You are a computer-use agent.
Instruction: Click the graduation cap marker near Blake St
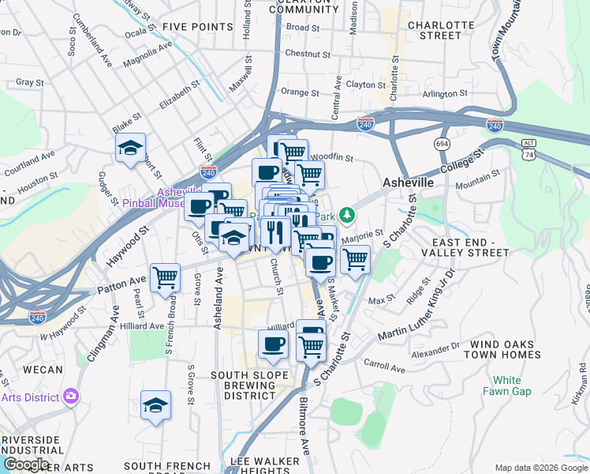(130, 148)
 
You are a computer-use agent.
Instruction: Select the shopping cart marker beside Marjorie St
(355, 258)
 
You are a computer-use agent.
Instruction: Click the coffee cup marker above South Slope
(274, 344)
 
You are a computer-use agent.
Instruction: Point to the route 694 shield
(442, 144)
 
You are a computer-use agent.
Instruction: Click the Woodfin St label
(335, 158)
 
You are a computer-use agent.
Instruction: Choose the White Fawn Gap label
(507, 386)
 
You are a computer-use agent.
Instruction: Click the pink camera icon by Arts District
(72, 395)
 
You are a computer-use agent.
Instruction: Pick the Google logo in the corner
(25, 465)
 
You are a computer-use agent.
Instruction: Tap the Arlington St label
(445, 94)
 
